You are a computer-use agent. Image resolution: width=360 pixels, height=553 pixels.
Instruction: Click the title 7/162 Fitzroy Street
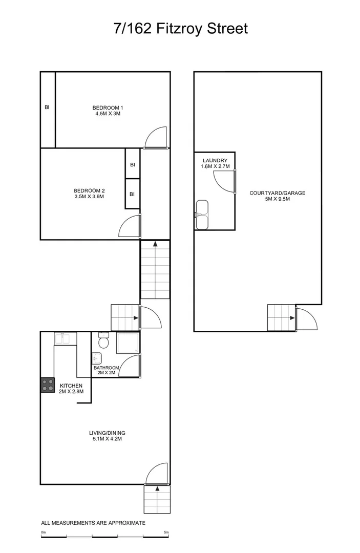click(x=180, y=28)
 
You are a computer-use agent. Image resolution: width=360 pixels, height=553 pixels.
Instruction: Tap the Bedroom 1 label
click(x=108, y=108)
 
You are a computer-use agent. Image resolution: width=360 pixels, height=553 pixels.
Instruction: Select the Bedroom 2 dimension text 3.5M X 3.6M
click(x=89, y=197)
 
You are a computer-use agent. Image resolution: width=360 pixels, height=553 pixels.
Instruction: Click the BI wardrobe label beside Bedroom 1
click(x=47, y=108)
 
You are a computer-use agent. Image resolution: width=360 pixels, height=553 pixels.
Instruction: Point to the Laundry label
click(x=215, y=160)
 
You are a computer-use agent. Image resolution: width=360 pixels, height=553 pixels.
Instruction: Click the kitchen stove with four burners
click(x=48, y=385)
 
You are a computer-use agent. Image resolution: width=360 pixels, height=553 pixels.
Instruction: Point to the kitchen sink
click(x=65, y=338)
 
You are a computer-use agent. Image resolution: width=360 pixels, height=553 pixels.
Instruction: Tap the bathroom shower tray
click(x=127, y=343)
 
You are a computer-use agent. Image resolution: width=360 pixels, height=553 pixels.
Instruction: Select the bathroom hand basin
click(x=97, y=358)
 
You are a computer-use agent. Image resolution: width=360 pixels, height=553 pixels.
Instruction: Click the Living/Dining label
click(x=107, y=432)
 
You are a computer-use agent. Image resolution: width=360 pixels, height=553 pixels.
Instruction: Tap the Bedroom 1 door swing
click(x=156, y=137)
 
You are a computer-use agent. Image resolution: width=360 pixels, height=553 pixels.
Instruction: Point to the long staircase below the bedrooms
click(x=155, y=270)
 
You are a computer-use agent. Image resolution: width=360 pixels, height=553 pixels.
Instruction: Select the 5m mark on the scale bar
click(x=167, y=533)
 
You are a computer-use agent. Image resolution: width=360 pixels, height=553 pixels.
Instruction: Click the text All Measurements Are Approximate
click(x=93, y=523)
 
